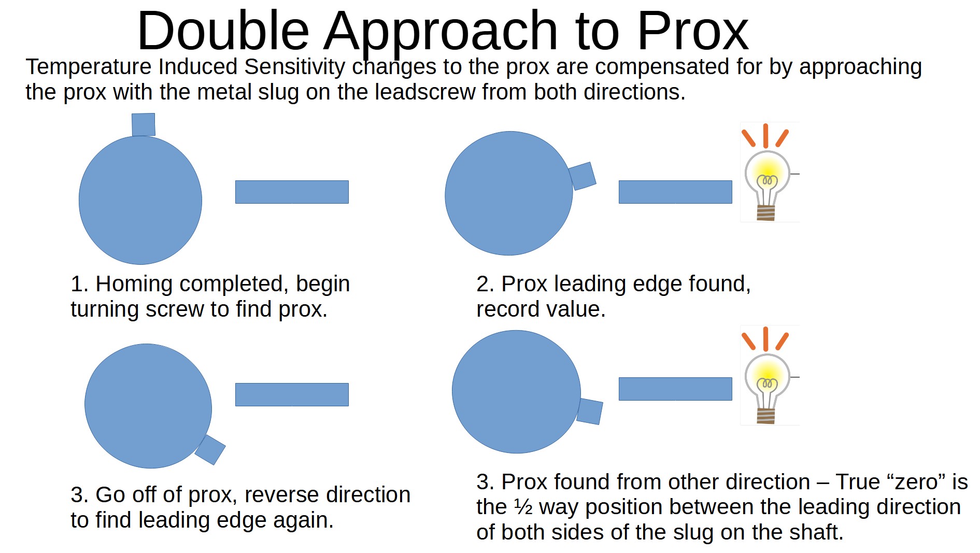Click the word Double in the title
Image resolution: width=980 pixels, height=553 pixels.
[223, 31]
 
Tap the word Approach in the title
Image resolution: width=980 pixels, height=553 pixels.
[441, 33]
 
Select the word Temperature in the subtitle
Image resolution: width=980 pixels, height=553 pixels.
[88, 67]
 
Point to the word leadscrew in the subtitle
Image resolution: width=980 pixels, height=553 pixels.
[425, 92]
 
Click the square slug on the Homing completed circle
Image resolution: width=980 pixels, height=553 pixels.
[144, 125]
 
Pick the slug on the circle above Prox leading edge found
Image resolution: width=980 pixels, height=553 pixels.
[583, 176]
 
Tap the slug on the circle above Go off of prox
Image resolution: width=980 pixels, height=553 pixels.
[210, 449]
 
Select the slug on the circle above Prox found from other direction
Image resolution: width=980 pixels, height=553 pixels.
[590, 412]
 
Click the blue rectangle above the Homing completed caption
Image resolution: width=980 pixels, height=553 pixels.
[292, 192]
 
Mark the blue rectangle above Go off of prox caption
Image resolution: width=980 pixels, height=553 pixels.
[292, 394]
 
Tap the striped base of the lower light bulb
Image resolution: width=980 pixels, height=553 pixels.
[766, 416]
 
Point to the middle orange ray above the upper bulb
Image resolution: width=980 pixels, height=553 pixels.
[765, 136]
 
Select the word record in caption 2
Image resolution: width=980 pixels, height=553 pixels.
[506, 309]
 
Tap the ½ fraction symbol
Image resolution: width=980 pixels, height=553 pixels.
[523, 507]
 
